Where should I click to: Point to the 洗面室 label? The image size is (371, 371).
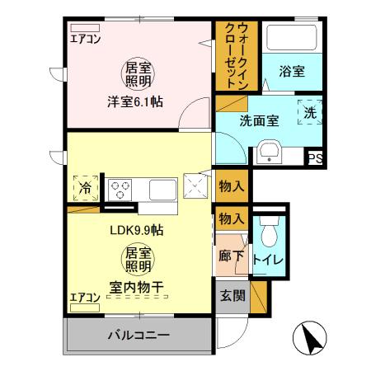[259, 120]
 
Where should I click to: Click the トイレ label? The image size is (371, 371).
[269, 261]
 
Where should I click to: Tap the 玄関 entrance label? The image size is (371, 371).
[232, 296]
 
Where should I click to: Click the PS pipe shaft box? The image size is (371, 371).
[314, 159]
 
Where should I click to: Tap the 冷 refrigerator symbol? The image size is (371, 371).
[86, 187]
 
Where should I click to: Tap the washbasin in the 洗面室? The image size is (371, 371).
[269, 153]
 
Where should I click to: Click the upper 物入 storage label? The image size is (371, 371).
[232, 186]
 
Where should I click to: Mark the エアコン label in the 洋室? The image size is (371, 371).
[85, 38]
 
